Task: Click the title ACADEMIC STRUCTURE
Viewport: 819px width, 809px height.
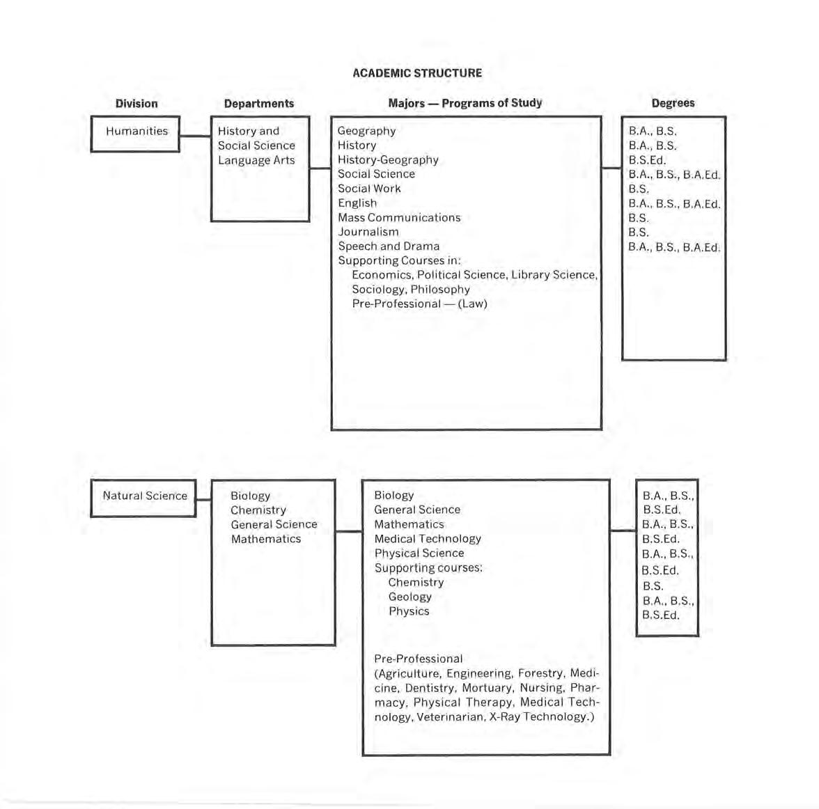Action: (x=416, y=73)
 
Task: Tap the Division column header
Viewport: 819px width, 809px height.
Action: (x=136, y=104)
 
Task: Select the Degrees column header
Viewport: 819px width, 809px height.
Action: (x=673, y=103)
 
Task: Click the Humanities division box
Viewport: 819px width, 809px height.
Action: (x=136, y=133)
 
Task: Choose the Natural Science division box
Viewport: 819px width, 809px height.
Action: (x=144, y=497)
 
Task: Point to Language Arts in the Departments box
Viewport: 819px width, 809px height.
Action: (x=256, y=160)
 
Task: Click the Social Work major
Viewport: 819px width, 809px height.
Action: (x=369, y=189)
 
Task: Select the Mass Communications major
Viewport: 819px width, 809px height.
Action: (x=399, y=217)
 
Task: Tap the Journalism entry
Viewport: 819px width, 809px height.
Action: (x=368, y=232)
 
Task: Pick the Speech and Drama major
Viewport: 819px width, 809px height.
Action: (x=389, y=246)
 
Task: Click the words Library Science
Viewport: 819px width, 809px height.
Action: (x=554, y=275)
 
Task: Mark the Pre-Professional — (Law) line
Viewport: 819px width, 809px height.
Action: (x=419, y=304)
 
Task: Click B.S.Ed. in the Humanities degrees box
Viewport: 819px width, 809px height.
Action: (x=647, y=160)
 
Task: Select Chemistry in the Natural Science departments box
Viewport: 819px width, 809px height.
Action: (x=258, y=510)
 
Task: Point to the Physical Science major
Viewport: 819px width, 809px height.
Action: (x=419, y=553)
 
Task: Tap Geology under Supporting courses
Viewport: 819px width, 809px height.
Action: (x=409, y=597)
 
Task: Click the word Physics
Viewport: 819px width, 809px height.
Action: (x=409, y=611)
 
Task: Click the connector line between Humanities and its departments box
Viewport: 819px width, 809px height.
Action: (x=195, y=136)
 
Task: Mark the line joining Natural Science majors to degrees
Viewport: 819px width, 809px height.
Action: (x=623, y=531)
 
